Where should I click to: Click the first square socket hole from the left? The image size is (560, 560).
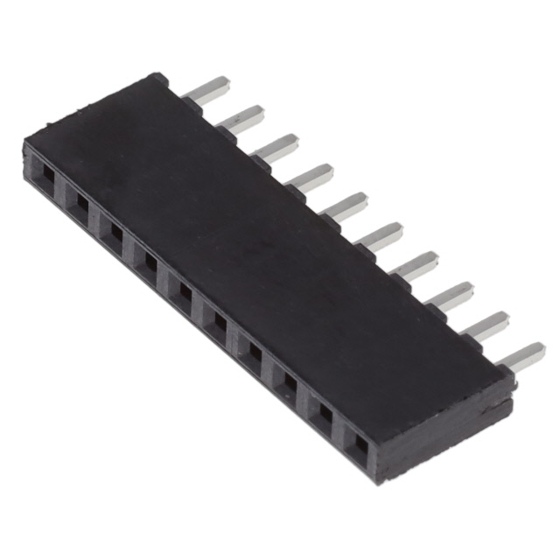click(x=45, y=181)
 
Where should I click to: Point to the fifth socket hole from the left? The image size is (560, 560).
click(x=183, y=290)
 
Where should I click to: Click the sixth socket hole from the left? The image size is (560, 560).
click(x=217, y=321)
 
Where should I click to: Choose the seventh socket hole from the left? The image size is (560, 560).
click(x=252, y=350)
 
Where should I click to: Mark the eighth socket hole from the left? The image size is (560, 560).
click(x=287, y=379)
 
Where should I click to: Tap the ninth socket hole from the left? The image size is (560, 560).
click(x=323, y=413)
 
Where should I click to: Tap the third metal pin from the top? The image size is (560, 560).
click(x=278, y=146)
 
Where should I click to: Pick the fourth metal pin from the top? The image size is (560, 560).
click(x=313, y=176)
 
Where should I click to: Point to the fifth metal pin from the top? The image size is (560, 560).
click(x=347, y=206)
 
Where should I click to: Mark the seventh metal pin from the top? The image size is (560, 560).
click(x=417, y=264)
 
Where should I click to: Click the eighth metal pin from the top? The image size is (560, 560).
click(x=452, y=295)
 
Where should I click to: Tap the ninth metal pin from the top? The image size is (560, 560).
click(x=487, y=325)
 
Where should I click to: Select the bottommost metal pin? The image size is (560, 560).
click(x=522, y=355)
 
